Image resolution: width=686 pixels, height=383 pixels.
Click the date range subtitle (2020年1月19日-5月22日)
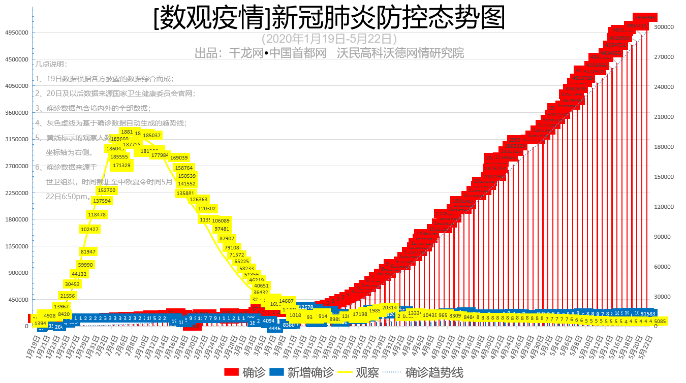pyautogui.click(x=329, y=39)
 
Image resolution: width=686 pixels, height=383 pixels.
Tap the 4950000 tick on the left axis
pyautogui.click(x=16, y=33)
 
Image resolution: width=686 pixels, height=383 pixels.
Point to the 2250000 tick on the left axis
pyautogui.click(x=16, y=193)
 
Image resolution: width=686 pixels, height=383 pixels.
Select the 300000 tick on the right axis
pyautogui.click(x=664, y=27)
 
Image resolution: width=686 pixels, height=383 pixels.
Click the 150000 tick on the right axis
pyautogui.click(x=664, y=177)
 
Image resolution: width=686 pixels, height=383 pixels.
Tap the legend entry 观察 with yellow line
pyautogui.click(x=358, y=373)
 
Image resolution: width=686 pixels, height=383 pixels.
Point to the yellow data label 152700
pyautogui.click(x=107, y=190)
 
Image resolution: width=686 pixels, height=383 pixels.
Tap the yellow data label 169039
pyautogui.click(x=179, y=158)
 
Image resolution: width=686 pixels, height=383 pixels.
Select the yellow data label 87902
pyautogui.click(x=227, y=238)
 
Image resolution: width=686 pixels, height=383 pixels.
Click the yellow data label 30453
pyautogui.click(x=72, y=284)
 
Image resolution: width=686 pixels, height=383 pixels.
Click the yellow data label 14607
pyautogui.click(x=287, y=301)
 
